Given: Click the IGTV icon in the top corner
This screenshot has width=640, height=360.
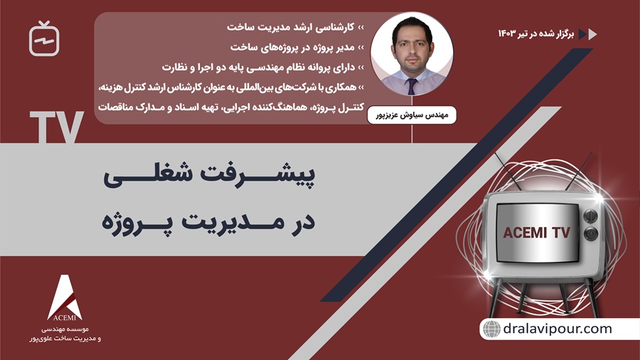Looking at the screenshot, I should [x=44, y=39].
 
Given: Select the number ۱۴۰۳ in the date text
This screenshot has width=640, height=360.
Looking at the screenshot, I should [x=510, y=33].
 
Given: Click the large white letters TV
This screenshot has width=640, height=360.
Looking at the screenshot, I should [x=58, y=127].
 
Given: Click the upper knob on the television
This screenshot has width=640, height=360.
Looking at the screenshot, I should [x=590, y=215].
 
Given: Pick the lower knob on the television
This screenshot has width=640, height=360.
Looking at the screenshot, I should [x=590, y=233].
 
